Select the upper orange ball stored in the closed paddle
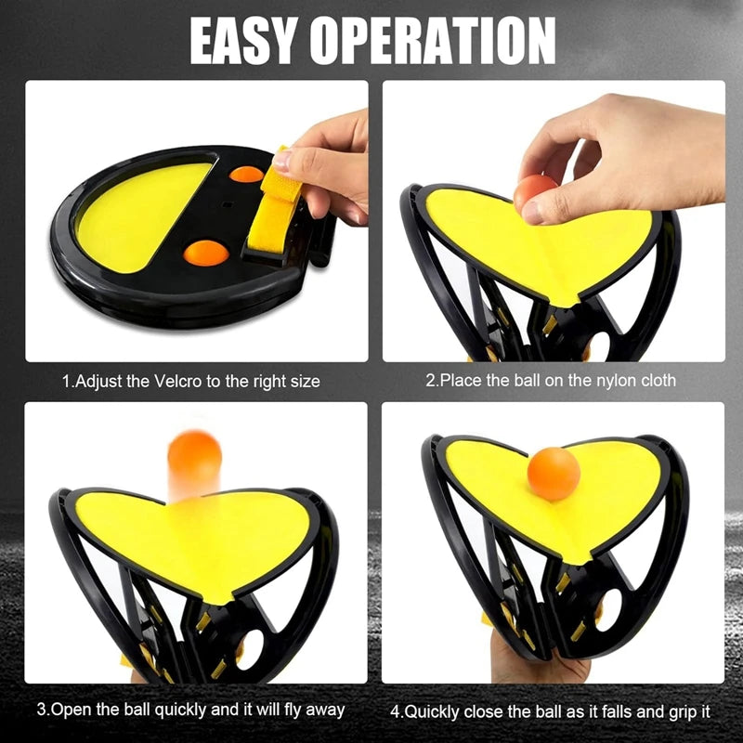[246, 174]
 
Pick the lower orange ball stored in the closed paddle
[205, 252]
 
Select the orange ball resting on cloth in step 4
[554, 475]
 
